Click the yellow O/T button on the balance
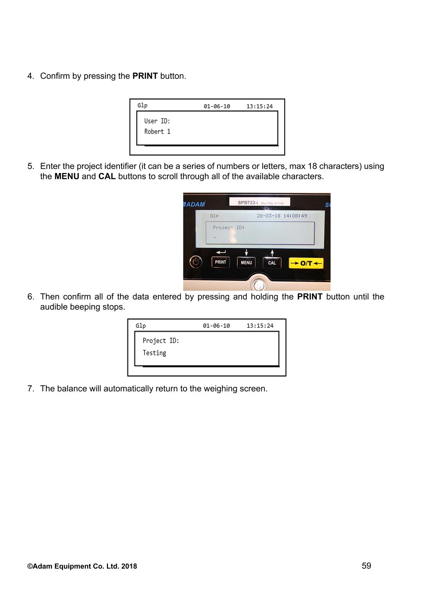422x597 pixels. click(x=306, y=263)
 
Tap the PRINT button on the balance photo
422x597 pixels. click(x=220, y=262)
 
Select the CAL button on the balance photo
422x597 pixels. click(x=272, y=263)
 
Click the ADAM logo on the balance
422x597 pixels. click(x=194, y=204)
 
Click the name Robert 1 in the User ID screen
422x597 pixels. click(x=157, y=132)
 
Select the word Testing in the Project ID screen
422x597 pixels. click(x=154, y=353)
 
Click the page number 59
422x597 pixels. click(x=366, y=566)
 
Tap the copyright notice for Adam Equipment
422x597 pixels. click(x=82, y=566)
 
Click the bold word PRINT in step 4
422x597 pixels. click(x=145, y=76)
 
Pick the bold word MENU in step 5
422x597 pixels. click(x=67, y=176)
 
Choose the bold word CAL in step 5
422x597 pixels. click(x=107, y=176)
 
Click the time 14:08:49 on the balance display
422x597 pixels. click(x=295, y=216)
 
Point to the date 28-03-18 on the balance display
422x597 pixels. click(x=268, y=216)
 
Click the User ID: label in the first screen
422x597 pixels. click(x=157, y=121)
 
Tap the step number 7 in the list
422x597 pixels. click(x=31, y=389)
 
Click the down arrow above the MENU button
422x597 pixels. click(x=246, y=252)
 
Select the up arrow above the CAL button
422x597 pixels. click(x=272, y=252)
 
